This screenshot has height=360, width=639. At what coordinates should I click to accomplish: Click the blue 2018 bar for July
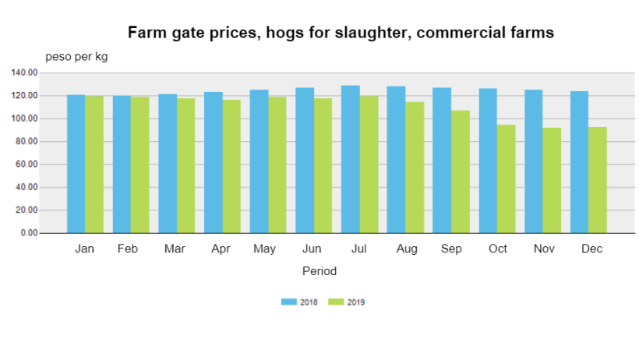[x=351, y=159]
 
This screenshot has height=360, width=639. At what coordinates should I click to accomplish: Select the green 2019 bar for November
[x=552, y=180]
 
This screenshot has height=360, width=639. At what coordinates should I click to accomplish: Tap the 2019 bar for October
[x=507, y=179]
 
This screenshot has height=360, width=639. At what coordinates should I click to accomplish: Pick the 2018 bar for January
[x=76, y=164]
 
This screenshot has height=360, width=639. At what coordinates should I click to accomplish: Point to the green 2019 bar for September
[x=461, y=171]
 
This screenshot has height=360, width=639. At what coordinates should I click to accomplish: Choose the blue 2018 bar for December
[x=580, y=162]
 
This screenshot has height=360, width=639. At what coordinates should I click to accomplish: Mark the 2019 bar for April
[x=231, y=166]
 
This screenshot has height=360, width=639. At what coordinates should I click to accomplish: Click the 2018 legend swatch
[x=289, y=302]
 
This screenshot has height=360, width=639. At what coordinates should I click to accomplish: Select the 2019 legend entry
[x=347, y=302]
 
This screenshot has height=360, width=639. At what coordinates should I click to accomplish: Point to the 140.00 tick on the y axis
[x=24, y=72]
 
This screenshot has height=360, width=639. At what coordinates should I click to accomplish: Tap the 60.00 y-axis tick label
[x=27, y=164]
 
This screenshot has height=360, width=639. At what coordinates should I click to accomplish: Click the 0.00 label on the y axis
[x=30, y=233]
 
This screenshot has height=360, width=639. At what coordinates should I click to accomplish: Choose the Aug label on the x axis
[x=407, y=249]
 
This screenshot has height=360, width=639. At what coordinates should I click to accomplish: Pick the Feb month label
[x=128, y=249]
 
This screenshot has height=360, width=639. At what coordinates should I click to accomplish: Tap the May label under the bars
[x=264, y=249]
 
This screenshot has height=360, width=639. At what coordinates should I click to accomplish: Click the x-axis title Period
[x=319, y=271]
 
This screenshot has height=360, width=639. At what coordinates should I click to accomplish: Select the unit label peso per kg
[x=76, y=57]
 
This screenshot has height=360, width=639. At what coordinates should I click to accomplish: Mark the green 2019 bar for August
[x=415, y=168]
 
